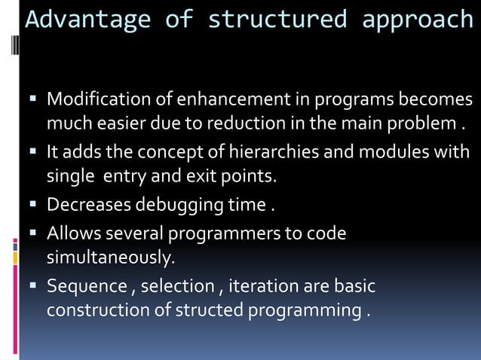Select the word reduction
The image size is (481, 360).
click(x=273, y=122)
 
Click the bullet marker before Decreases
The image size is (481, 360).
click(x=34, y=205)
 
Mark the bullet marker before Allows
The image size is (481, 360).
click(x=34, y=234)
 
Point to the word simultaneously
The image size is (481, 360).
click(x=110, y=258)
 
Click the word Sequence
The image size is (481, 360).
click(x=87, y=287)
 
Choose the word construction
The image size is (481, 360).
click(x=98, y=310)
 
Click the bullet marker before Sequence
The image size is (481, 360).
click(x=34, y=287)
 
